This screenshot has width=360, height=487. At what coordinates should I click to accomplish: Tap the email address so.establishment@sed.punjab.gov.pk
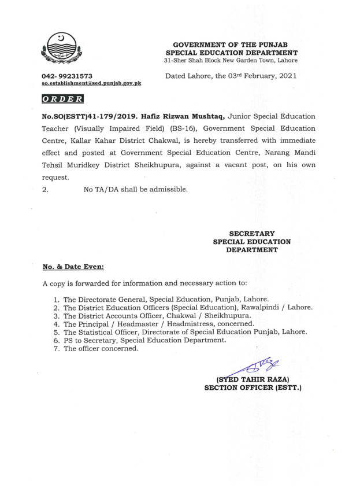[91, 83]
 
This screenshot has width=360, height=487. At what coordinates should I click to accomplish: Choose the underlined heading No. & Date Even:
[72, 267]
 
